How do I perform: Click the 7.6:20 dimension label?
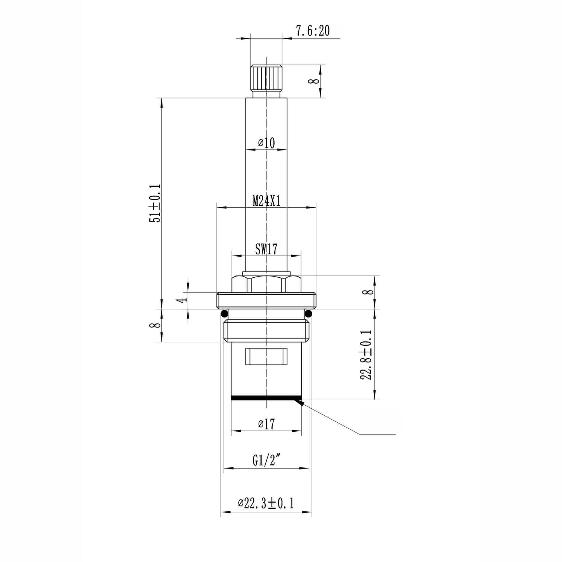point(313,30)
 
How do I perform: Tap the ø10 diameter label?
point(266,143)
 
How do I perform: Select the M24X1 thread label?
point(266,201)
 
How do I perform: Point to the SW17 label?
point(266,249)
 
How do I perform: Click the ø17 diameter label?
point(266,424)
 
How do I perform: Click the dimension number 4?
point(183,300)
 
